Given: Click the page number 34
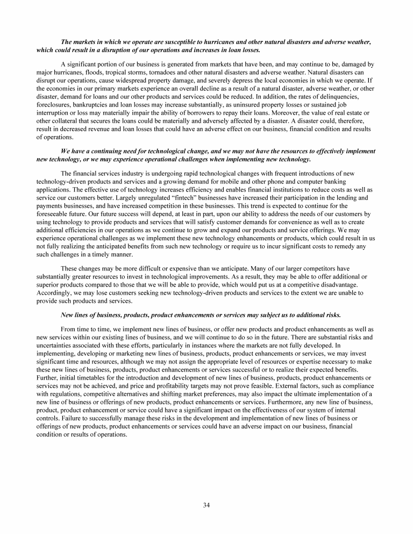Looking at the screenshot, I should click(206, 504).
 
